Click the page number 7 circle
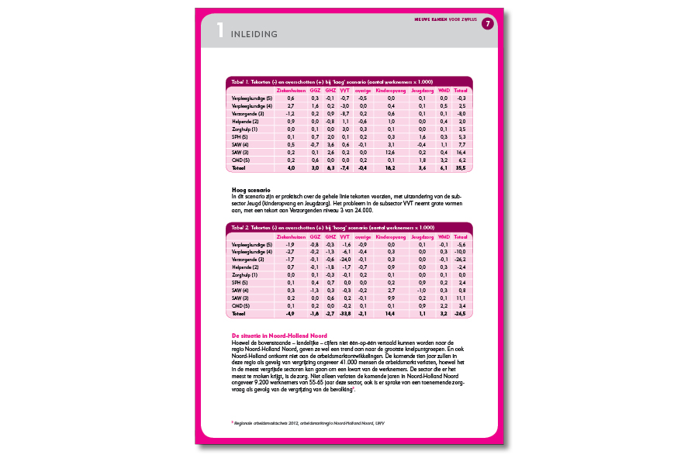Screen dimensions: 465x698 tap(488, 24)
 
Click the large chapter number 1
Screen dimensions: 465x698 tap(220, 32)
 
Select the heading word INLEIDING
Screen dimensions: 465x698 tap(254, 35)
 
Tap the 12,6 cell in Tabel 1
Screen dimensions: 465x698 tap(391, 152)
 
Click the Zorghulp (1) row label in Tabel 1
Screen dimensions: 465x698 tap(247, 129)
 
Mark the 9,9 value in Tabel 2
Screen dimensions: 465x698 tap(391, 298)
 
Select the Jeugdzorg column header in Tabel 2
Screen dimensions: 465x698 tap(422, 236)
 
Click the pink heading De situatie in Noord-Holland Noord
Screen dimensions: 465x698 tap(273, 336)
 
